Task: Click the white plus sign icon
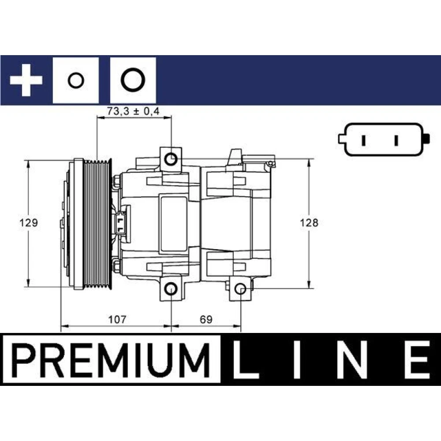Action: [26, 80]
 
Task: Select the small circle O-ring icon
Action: [76, 80]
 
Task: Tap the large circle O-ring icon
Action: [133, 80]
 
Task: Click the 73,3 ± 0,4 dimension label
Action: [133, 112]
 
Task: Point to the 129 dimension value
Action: [28, 223]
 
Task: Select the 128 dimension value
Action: [309, 223]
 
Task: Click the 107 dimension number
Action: [117, 319]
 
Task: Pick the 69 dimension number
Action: [206, 319]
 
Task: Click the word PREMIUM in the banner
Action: [111, 360]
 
